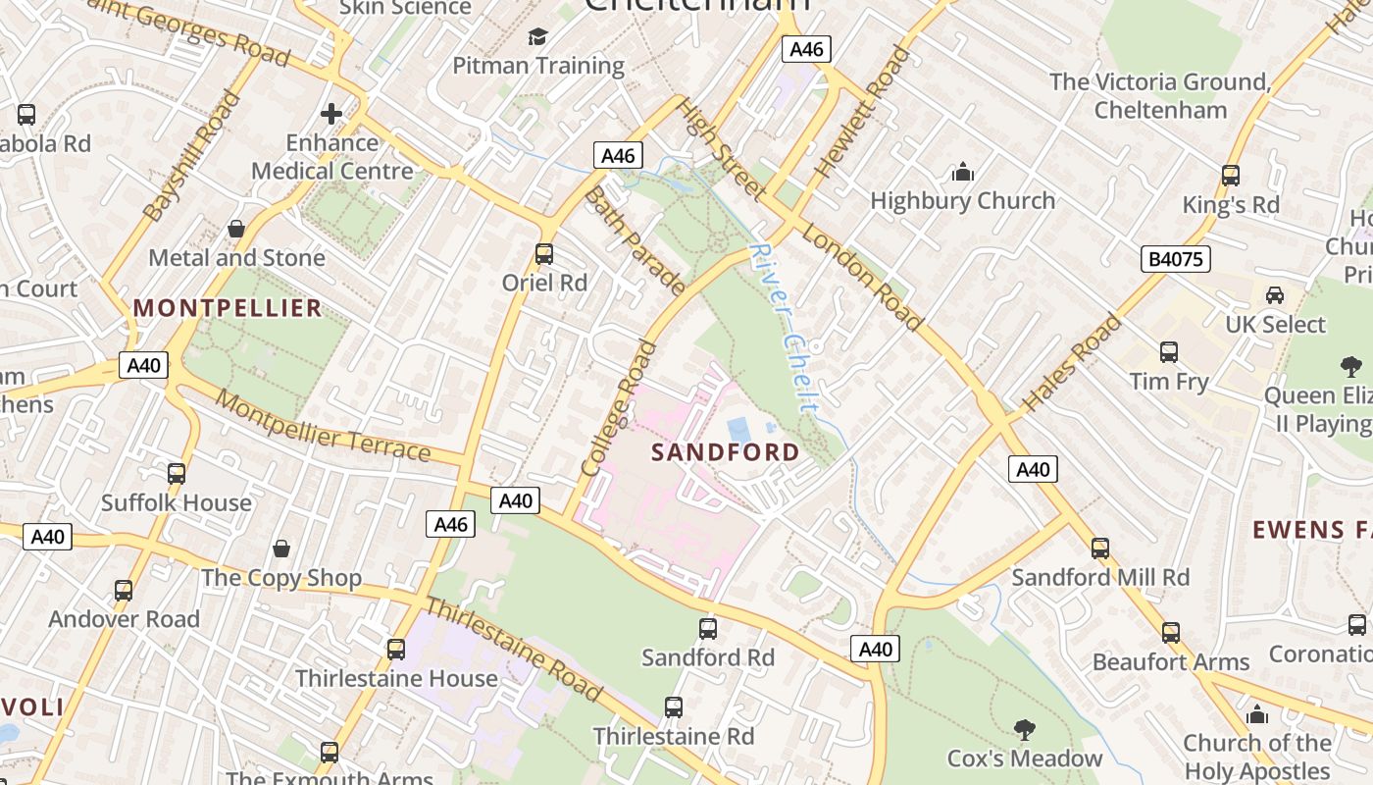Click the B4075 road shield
click(1176, 259)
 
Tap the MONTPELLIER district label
click(228, 308)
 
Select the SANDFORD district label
click(726, 452)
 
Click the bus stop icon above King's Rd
click(1231, 176)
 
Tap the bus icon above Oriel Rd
click(544, 254)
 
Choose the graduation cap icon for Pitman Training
click(537, 37)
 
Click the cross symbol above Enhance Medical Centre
click(331, 114)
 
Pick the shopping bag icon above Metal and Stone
click(236, 229)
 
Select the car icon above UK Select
click(1275, 294)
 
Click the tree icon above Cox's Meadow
click(1025, 729)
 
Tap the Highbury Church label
click(963, 201)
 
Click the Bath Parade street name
click(634, 240)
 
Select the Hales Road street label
click(1072, 362)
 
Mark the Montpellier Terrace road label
click(323, 426)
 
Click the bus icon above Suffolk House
click(177, 473)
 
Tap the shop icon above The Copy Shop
click(281, 549)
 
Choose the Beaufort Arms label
click(1171, 662)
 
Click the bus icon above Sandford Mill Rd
click(1100, 548)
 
